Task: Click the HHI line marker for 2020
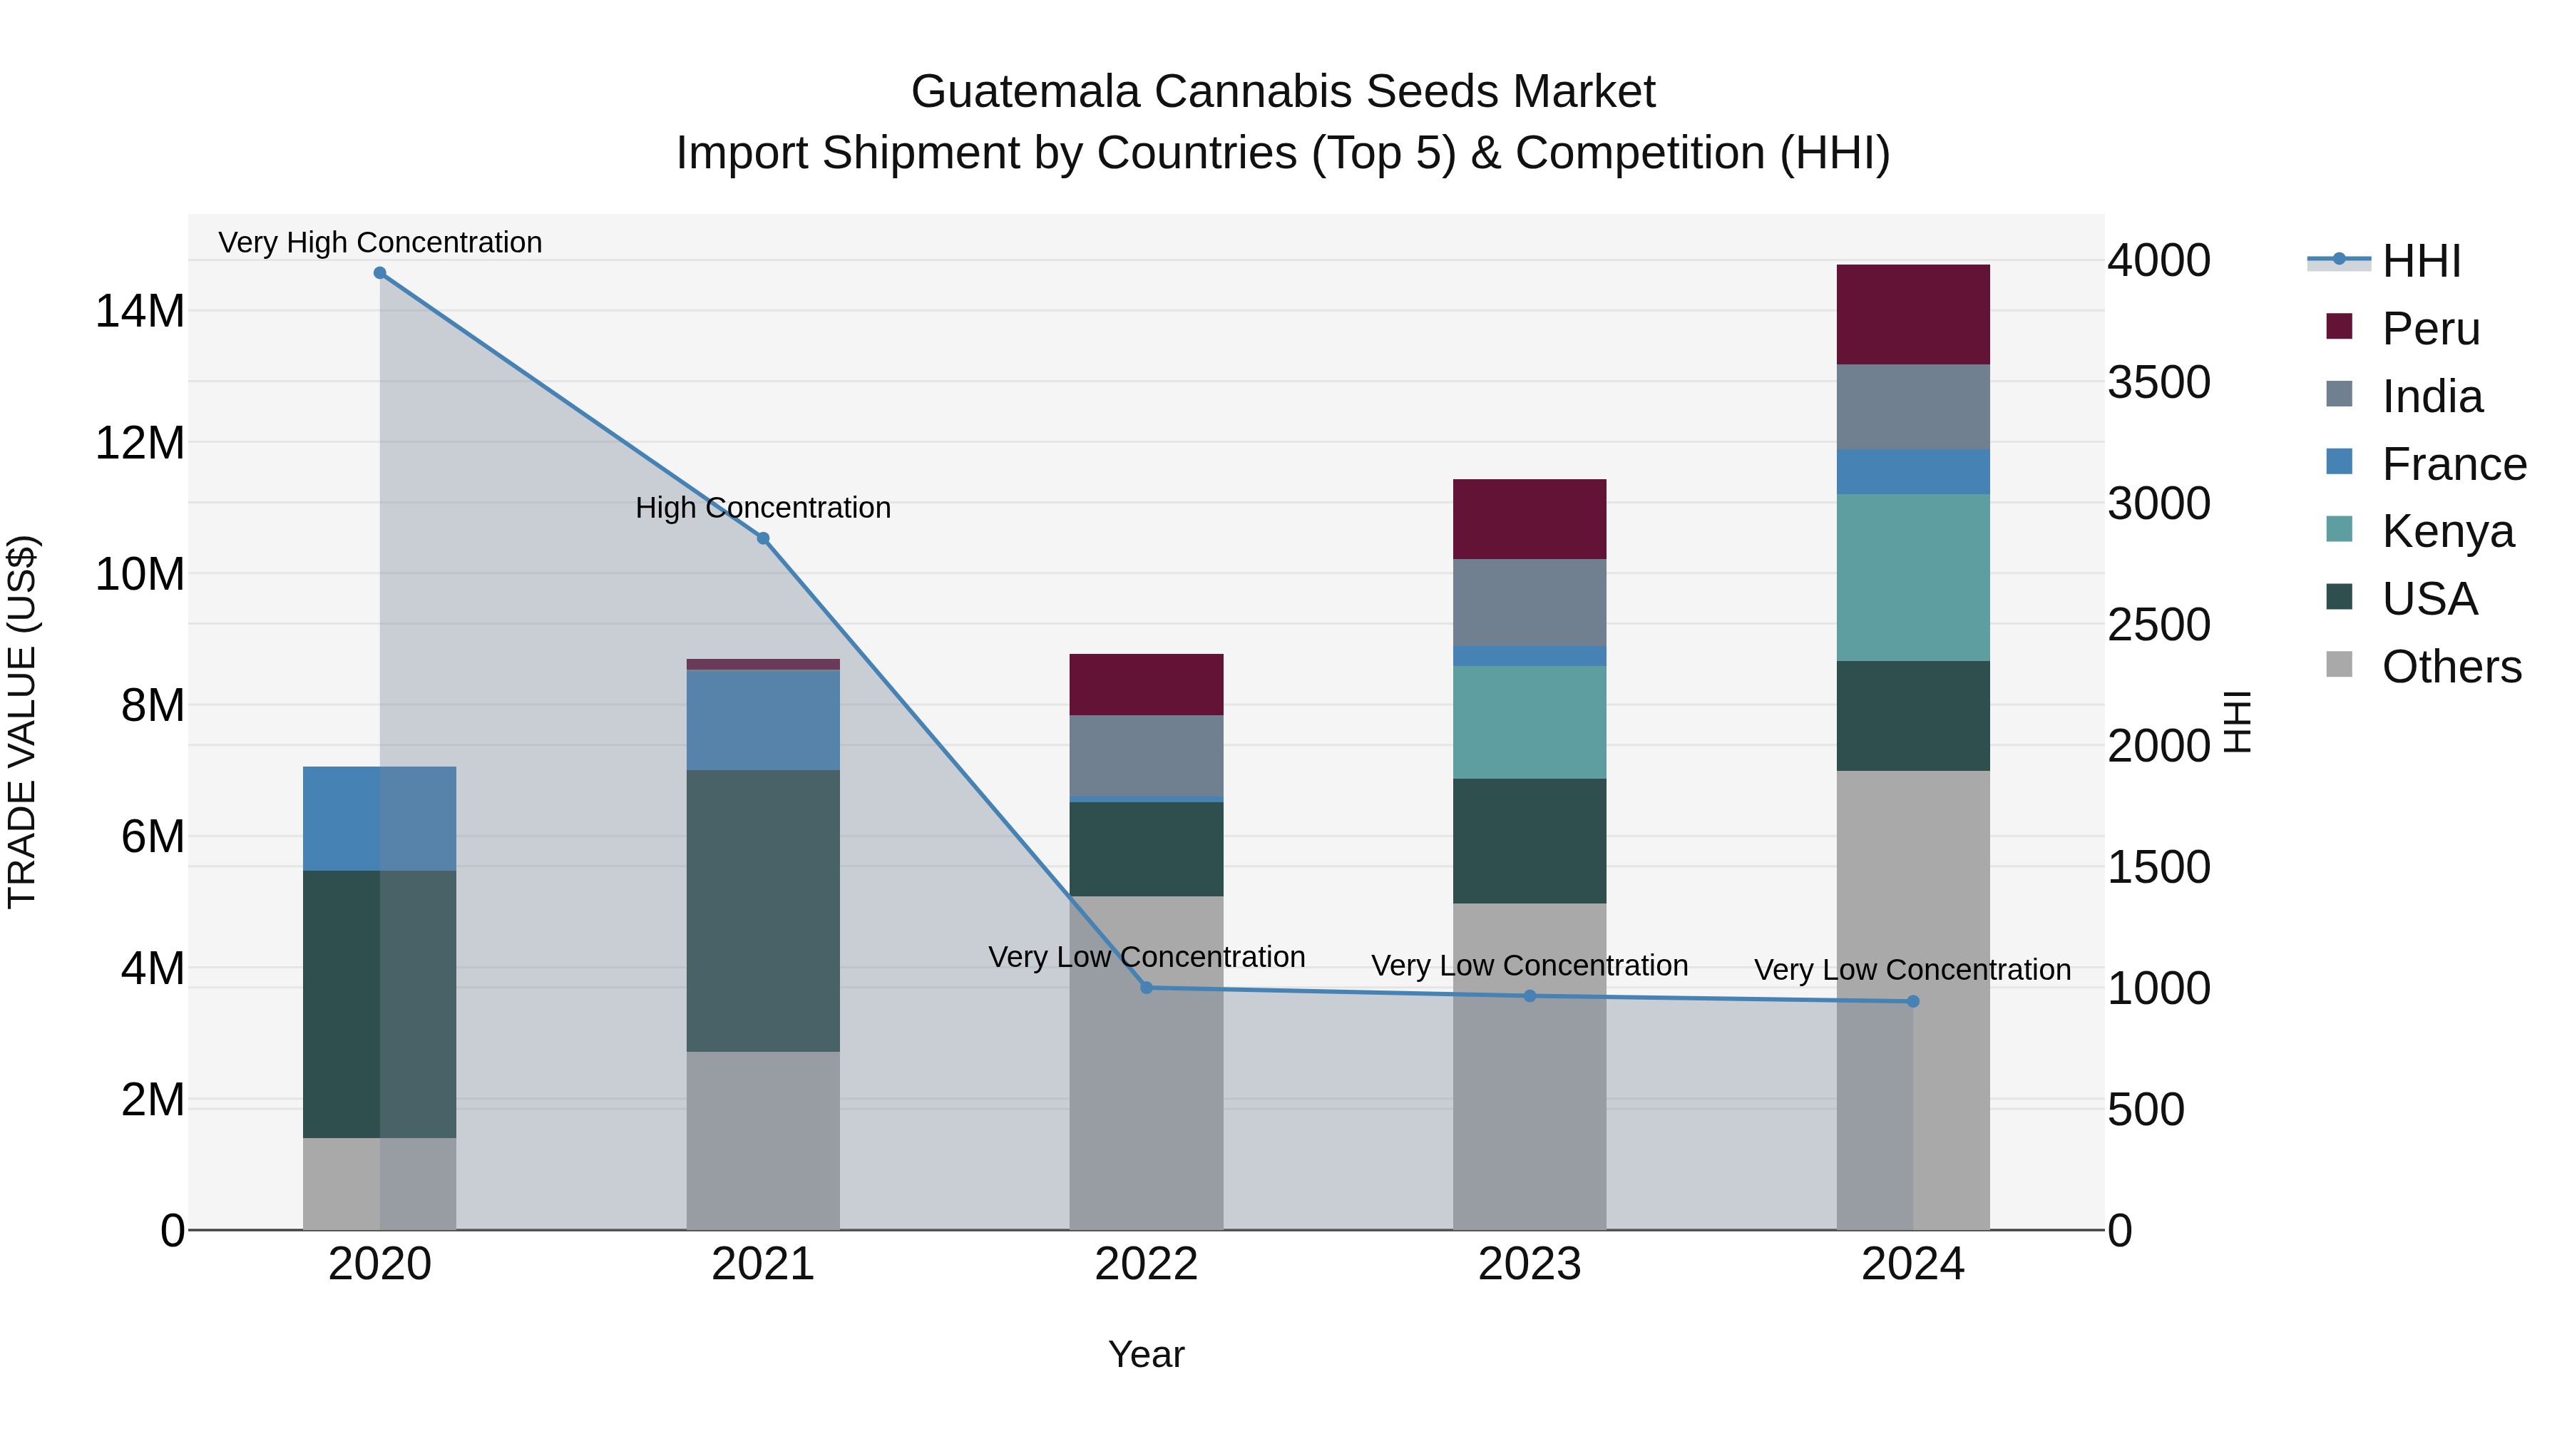379,273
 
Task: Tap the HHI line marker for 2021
763,538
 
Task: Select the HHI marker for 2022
1146,988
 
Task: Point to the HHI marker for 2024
1912,1002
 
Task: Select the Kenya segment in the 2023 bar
1530,722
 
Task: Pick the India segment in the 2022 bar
1146,755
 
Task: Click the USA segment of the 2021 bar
763,910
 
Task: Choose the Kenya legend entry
2446,531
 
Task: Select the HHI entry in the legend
2421,261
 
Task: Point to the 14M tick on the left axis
140,311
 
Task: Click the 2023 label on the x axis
1530,1264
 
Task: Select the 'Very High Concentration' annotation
379,242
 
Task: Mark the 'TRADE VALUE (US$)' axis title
22,722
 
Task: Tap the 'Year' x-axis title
1146,1354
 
